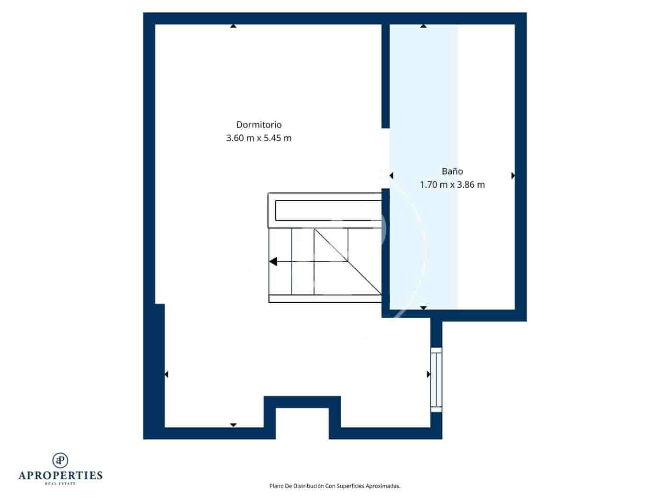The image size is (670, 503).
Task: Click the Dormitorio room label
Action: tap(259, 125)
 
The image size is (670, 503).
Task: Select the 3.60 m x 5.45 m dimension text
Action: tap(259, 138)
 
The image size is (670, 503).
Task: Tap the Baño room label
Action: tap(452, 171)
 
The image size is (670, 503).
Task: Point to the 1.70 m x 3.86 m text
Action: tap(452, 184)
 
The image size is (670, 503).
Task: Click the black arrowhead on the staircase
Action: tap(273, 262)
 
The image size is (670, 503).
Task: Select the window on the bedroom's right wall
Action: tap(436, 379)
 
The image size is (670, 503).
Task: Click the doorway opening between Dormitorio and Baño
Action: tap(386, 158)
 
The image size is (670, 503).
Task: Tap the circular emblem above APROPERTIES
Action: tap(60, 460)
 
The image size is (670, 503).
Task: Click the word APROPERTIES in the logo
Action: tap(60, 475)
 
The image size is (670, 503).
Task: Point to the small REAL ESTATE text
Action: tap(60, 484)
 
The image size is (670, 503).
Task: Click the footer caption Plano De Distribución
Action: tap(335, 486)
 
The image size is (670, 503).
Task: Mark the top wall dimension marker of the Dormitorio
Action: tap(233, 26)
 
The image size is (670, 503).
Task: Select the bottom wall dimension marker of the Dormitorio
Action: tap(233, 425)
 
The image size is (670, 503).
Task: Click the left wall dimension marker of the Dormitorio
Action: tap(166, 374)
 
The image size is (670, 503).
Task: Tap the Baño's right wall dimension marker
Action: tap(513, 176)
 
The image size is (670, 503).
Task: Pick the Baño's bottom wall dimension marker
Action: tap(424, 308)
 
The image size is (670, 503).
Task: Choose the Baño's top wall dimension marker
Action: tap(424, 26)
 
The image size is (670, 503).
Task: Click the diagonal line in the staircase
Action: tap(348, 262)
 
